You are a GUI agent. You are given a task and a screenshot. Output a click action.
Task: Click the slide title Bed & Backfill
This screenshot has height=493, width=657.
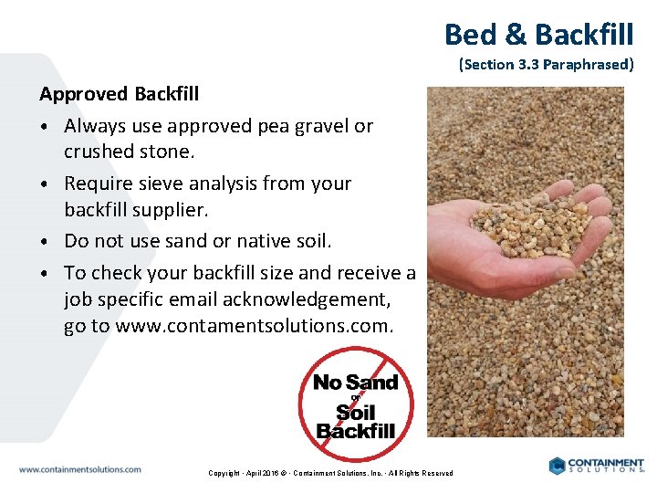tap(538, 35)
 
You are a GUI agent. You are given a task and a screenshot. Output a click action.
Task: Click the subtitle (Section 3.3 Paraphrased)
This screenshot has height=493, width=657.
tap(546, 65)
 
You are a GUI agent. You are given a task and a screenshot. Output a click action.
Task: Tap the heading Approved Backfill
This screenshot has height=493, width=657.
tap(119, 94)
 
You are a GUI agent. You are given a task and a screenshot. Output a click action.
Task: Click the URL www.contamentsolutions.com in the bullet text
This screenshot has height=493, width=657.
tap(255, 326)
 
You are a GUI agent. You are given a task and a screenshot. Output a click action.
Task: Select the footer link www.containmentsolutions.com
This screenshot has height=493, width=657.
tap(80, 469)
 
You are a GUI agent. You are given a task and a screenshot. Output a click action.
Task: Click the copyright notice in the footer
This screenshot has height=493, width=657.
tap(330, 473)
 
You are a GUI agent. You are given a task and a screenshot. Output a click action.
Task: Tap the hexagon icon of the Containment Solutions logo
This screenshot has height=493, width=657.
tap(558, 466)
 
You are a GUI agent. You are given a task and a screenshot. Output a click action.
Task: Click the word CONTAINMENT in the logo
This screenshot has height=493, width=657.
tap(607, 463)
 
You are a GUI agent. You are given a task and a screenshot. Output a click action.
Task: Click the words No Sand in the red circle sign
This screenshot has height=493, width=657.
tap(355, 383)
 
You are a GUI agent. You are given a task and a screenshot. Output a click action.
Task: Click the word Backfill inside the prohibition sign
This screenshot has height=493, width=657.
tap(356, 430)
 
